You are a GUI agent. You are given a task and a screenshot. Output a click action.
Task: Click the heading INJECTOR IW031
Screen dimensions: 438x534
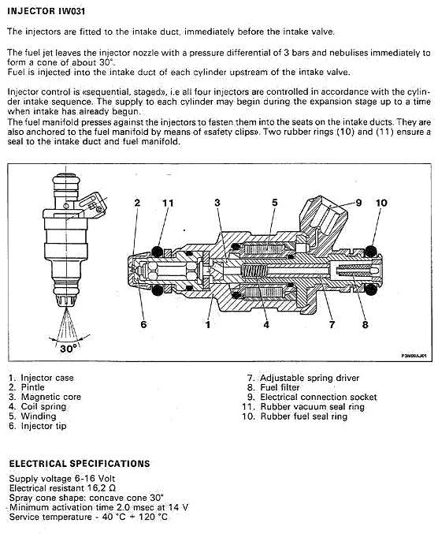point(46,11)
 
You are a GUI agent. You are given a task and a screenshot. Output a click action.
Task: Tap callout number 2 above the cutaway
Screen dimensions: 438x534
point(137,203)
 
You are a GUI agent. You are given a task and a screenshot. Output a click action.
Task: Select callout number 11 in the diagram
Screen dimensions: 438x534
point(168,203)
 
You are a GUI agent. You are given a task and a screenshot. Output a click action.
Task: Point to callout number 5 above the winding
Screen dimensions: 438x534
point(275,203)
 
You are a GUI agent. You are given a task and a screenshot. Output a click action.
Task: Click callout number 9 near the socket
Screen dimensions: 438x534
point(358,203)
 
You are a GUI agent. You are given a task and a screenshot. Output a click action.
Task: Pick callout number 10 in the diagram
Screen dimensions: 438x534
point(381,203)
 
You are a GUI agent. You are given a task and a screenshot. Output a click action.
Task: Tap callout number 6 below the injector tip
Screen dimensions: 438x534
point(143,324)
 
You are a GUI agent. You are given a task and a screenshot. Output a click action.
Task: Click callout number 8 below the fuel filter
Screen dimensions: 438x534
point(365,324)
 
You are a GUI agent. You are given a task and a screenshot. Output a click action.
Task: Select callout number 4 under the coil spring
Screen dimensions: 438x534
point(266,324)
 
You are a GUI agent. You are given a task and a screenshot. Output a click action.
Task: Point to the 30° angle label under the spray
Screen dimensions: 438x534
point(69,349)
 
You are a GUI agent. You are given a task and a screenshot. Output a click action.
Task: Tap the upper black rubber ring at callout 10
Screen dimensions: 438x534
point(370,252)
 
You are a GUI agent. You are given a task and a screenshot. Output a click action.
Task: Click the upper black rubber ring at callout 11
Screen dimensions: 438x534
point(157,252)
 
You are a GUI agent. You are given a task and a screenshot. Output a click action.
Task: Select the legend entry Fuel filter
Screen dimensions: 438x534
point(280,387)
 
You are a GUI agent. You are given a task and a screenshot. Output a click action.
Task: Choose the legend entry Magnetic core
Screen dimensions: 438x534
point(51,397)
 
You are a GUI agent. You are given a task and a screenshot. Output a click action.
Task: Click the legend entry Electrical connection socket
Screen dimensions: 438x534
point(318,397)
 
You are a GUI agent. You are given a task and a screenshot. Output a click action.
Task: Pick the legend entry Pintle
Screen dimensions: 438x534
point(32,387)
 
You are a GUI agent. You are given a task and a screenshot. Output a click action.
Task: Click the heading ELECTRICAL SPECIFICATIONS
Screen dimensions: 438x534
point(80,464)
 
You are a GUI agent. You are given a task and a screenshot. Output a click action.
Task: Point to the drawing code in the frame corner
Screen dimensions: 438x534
point(414,356)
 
